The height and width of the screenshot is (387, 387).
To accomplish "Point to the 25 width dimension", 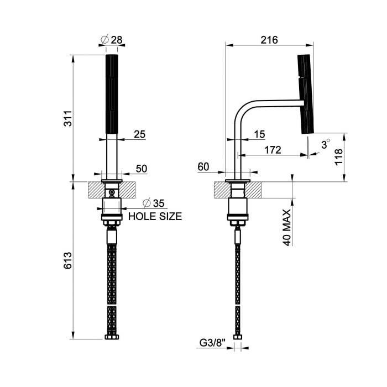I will (x=139, y=134).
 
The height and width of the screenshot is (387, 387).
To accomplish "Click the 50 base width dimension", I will (x=141, y=169).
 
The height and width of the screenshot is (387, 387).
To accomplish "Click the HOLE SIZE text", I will (x=155, y=217).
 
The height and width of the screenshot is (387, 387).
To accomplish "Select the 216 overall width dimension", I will (x=268, y=40).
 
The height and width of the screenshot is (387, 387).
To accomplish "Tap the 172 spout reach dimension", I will (x=272, y=149).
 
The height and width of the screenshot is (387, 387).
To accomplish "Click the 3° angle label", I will (x=326, y=144).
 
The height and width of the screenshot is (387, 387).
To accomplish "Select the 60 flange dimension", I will (x=203, y=166).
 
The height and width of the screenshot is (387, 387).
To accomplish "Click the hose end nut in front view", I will (x=112, y=337).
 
